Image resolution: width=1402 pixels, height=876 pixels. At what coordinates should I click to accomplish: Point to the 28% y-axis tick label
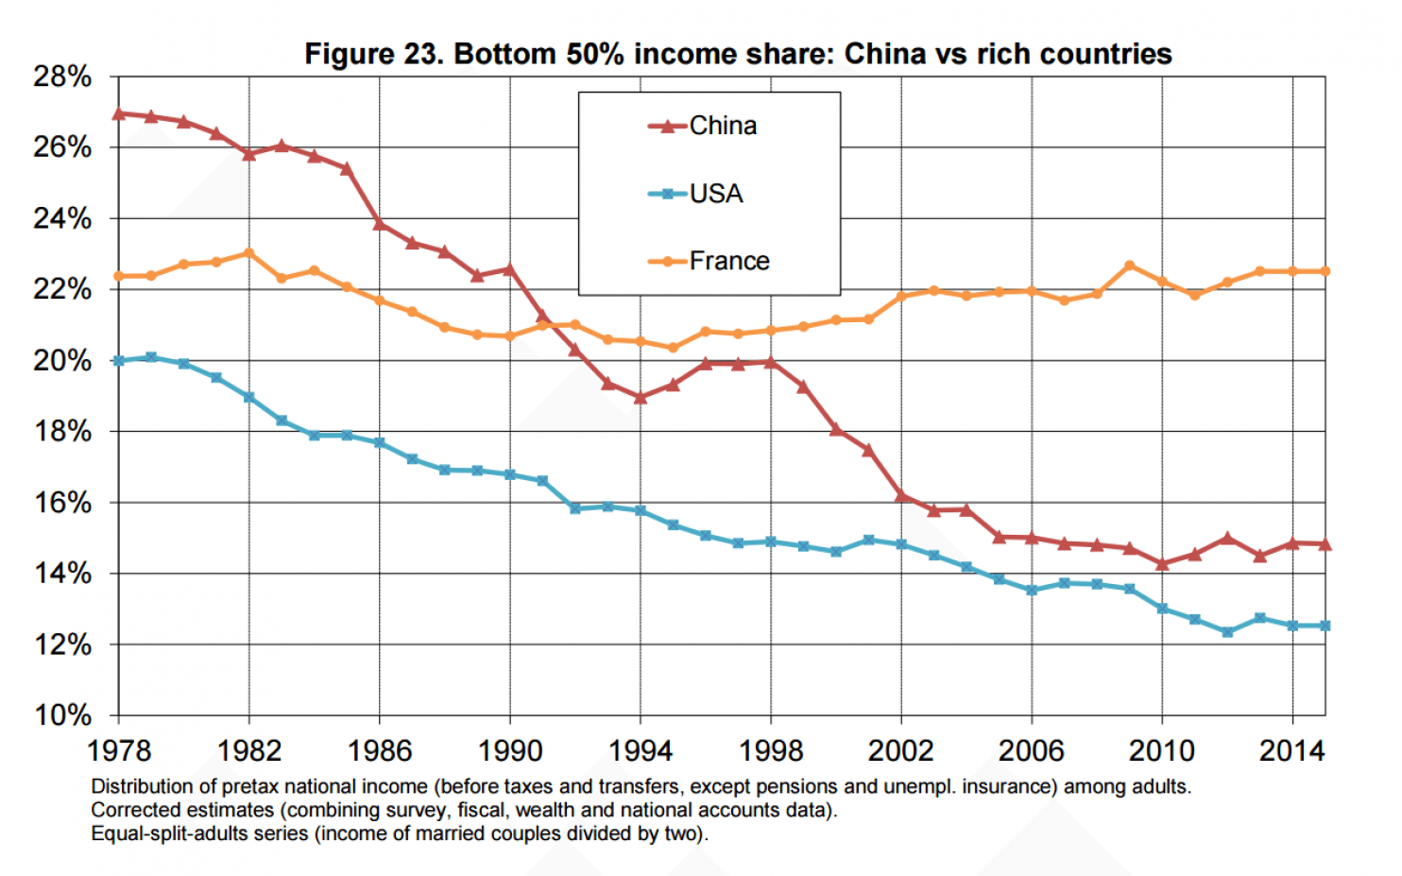point(62,77)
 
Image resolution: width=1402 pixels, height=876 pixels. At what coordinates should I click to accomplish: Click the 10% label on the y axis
point(62,715)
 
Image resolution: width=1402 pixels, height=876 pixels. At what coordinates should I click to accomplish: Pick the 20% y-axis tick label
point(62,361)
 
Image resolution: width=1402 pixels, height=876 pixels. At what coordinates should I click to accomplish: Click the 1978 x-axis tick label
point(119,751)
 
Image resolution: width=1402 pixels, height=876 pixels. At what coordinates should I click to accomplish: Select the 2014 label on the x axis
point(1291,751)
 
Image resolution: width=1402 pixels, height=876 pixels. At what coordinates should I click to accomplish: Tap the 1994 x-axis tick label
point(641,751)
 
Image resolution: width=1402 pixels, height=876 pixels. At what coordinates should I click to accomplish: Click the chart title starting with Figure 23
point(738,54)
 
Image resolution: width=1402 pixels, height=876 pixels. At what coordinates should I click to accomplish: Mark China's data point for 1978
point(119,113)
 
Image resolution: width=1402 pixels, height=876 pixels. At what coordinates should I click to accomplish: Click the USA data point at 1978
point(119,361)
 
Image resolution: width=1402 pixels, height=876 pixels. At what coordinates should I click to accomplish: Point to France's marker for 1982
point(249,253)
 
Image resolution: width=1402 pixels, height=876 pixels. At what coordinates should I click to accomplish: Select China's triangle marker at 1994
point(641,398)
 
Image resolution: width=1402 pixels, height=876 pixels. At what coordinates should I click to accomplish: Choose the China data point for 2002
point(901,494)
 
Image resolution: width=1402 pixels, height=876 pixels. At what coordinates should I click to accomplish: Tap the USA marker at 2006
point(1032,590)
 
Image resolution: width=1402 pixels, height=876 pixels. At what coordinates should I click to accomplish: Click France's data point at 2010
point(1162,282)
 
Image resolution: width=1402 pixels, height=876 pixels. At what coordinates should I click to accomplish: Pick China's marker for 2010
point(1162,564)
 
